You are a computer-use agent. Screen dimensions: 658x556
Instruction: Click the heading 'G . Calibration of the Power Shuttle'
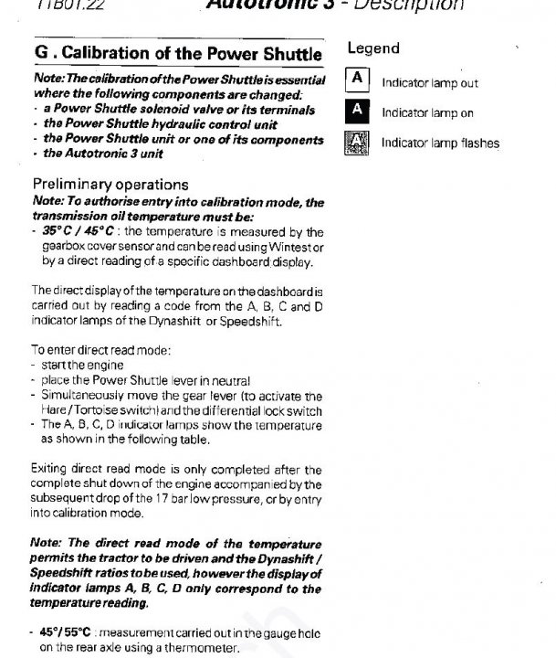[177, 55]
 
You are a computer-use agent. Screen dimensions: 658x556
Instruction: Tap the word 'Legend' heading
[373, 48]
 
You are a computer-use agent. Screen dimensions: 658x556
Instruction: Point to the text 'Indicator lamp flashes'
[440, 143]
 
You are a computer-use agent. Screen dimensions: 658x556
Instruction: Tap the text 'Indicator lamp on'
[426, 112]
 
